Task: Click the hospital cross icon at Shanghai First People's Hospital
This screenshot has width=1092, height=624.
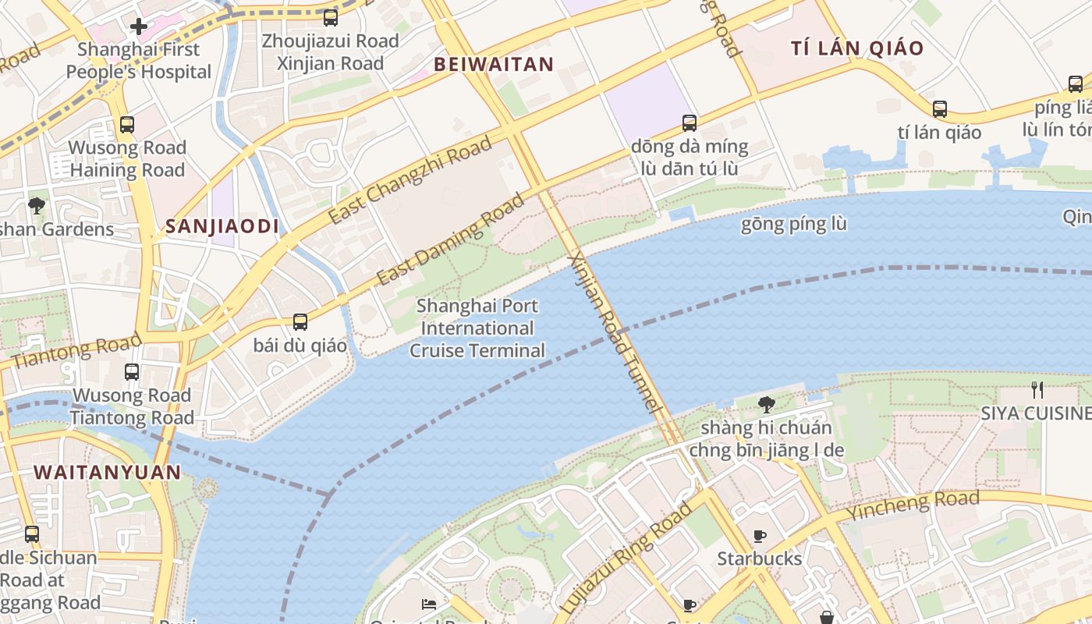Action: click(x=139, y=27)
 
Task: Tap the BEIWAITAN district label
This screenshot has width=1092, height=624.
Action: click(x=494, y=65)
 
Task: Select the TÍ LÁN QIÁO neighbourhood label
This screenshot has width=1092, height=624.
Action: click(x=857, y=48)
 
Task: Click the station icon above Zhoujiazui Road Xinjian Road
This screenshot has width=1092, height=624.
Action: click(x=331, y=17)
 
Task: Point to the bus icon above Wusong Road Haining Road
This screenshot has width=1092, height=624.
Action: click(x=126, y=124)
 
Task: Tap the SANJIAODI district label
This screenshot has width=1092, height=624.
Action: click(x=222, y=227)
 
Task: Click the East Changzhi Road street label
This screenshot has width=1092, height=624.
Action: click(x=409, y=179)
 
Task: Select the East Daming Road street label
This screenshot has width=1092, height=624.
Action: click(x=451, y=239)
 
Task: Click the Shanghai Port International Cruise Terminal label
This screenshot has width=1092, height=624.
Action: click(x=477, y=328)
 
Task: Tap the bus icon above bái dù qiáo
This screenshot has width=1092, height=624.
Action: click(x=300, y=321)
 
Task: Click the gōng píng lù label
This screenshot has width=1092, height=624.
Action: click(x=793, y=225)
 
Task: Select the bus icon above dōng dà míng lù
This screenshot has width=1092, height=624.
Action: click(x=690, y=122)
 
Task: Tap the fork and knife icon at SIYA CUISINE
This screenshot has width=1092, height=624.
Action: click(x=1037, y=389)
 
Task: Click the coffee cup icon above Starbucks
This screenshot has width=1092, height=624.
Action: click(x=760, y=536)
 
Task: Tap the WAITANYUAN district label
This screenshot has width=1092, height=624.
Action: click(x=108, y=472)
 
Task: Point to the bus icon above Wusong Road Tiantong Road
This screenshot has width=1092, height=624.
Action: click(x=132, y=372)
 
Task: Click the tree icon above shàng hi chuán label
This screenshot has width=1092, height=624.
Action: click(x=767, y=404)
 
